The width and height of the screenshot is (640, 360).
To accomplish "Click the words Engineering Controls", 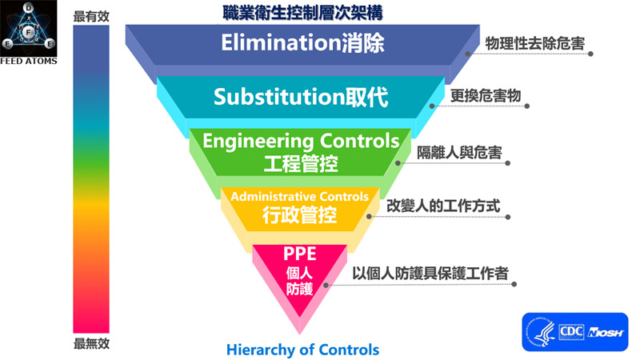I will [x=301, y=142].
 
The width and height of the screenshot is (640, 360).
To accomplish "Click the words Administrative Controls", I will [x=300, y=196].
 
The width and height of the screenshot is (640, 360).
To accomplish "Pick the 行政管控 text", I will [x=300, y=214].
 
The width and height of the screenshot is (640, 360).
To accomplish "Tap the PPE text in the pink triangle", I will [x=300, y=254].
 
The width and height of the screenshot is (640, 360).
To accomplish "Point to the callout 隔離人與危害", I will [x=459, y=151].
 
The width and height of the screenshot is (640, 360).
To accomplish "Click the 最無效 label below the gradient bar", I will [x=90, y=344].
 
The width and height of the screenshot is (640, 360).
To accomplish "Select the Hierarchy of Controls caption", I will [x=302, y=349].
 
